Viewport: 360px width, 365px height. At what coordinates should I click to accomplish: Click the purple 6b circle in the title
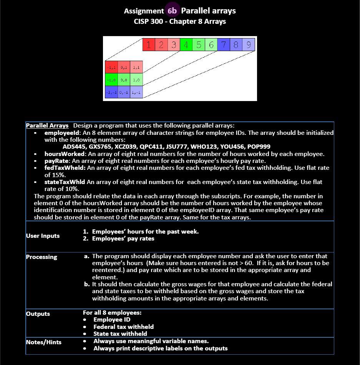pyautogui.click(x=172, y=11)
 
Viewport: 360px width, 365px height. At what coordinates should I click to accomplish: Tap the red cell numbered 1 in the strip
pyautogui.click(x=149, y=45)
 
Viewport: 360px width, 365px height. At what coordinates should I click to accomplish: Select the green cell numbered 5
pyautogui.click(x=199, y=45)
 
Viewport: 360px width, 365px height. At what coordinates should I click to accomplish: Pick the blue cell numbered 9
pyautogui.click(x=249, y=45)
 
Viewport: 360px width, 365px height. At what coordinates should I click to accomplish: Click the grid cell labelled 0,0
pyautogui.click(x=124, y=80)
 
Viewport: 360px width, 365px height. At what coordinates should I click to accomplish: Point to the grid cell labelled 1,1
pyautogui.click(x=136, y=67)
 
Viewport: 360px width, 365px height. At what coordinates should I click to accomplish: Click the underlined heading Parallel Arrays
pyautogui.click(x=47, y=126)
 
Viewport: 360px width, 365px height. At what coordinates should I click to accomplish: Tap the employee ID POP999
pyautogui.click(x=259, y=147)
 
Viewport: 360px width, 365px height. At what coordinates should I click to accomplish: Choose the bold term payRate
pyautogui.click(x=56, y=161)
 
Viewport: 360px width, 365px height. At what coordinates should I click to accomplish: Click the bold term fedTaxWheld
pyautogui.click(x=65, y=168)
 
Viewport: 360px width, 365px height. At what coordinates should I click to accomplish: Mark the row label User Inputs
pyautogui.click(x=43, y=236)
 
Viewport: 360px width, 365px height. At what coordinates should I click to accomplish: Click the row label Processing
pyautogui.click(x=41, y=257)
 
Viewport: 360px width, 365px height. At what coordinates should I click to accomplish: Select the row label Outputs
pyautogui.click(x=38, y=314)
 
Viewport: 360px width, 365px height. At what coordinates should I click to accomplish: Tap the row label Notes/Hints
pyautogui.click(x=43, y=342)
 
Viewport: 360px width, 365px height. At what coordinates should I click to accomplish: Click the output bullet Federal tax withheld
pyautogui.click(x=123, y=327)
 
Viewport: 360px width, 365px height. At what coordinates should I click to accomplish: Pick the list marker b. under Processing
pyautogui.click(x=87, y=284)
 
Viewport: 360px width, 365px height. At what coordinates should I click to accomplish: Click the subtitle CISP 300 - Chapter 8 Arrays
pyautogui.click(x=180, y=22)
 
